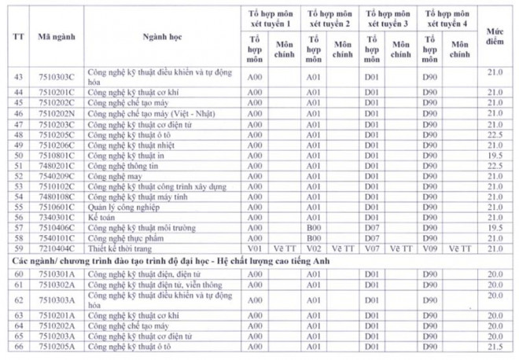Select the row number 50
[17, 156]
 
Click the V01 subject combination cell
[254, 248]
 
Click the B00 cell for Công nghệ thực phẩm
[314, 237]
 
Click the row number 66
[17, 346]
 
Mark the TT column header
[17, 37]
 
